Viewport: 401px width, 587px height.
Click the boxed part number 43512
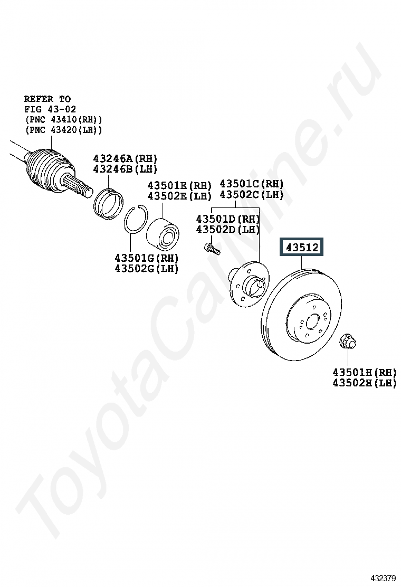tap(302, 247)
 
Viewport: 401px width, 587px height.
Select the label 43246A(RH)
tap(125, 158)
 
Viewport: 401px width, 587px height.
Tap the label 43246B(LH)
tap(125, 169)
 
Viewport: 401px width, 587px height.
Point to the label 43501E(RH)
tap(179, 185)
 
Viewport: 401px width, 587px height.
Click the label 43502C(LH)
tap(251, 194)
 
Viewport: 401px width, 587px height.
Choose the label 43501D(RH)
tap(228, 219)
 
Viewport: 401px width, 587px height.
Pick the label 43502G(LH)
tap(146, 268)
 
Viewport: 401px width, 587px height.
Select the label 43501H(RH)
tap(364, 372)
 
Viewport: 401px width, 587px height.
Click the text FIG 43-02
tap(50, 109)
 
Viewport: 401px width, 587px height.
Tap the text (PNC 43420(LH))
tap(63, 130)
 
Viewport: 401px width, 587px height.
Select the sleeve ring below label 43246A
tap(108, 202)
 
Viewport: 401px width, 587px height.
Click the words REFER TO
tap(47, 99)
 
